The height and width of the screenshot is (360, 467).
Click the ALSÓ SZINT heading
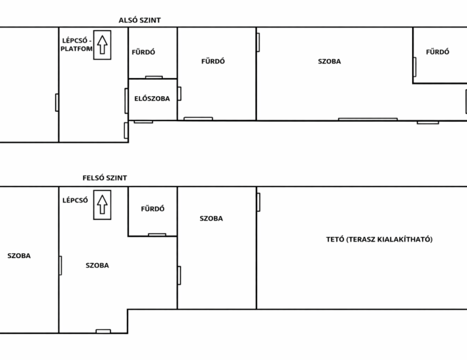click(140, 20)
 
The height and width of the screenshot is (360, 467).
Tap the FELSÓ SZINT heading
click(105, 178)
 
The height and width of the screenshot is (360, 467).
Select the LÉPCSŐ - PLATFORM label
click(77, 45)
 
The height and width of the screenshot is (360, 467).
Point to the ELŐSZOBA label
click(152, 99)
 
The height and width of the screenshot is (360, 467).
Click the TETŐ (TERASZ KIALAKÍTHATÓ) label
click(379, 240)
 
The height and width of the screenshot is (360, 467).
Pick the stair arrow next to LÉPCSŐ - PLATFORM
click(102, 45)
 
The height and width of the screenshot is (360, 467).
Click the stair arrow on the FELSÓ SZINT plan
click(102, 205)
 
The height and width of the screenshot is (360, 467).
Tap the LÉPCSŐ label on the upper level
click(75, 200)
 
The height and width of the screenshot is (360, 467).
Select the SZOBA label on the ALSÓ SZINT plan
click(330, 62)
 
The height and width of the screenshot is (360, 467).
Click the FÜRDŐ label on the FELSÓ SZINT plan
click(152, 209)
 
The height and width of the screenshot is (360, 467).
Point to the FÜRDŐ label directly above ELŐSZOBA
click(143, 52)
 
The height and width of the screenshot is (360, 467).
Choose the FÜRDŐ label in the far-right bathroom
click(438, 52)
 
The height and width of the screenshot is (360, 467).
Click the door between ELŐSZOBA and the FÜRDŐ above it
click(154, 77)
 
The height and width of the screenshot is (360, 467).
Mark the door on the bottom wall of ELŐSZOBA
click(143, 122)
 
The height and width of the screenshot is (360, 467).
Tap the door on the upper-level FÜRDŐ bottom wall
click(157, 235)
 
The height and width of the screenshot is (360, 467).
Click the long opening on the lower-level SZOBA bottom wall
click(368, 119)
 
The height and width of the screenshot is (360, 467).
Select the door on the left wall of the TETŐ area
click(258, 202)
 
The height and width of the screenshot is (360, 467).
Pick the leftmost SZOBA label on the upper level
click(19, 256)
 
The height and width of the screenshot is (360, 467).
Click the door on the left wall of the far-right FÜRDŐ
click(415, 67)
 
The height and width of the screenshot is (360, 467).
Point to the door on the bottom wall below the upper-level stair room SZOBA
click(103, 331)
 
